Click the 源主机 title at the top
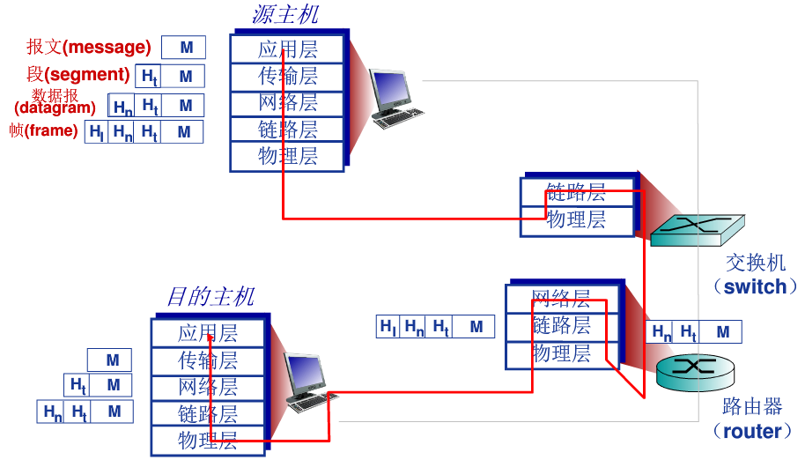coord(284,15)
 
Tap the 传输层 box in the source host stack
coord(287,76)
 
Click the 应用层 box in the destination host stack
coord(208,333)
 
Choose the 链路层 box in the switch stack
coord(576,192)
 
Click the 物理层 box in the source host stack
coord(287,157)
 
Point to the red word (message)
coord(107,48)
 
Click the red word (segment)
coord(86,75)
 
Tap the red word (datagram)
coord(55,108)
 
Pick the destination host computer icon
coord(307,382)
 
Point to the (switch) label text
coord(756,286)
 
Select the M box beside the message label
coord(184,48)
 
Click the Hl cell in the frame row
coord(97,132)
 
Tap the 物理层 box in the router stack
coord(560,353)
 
